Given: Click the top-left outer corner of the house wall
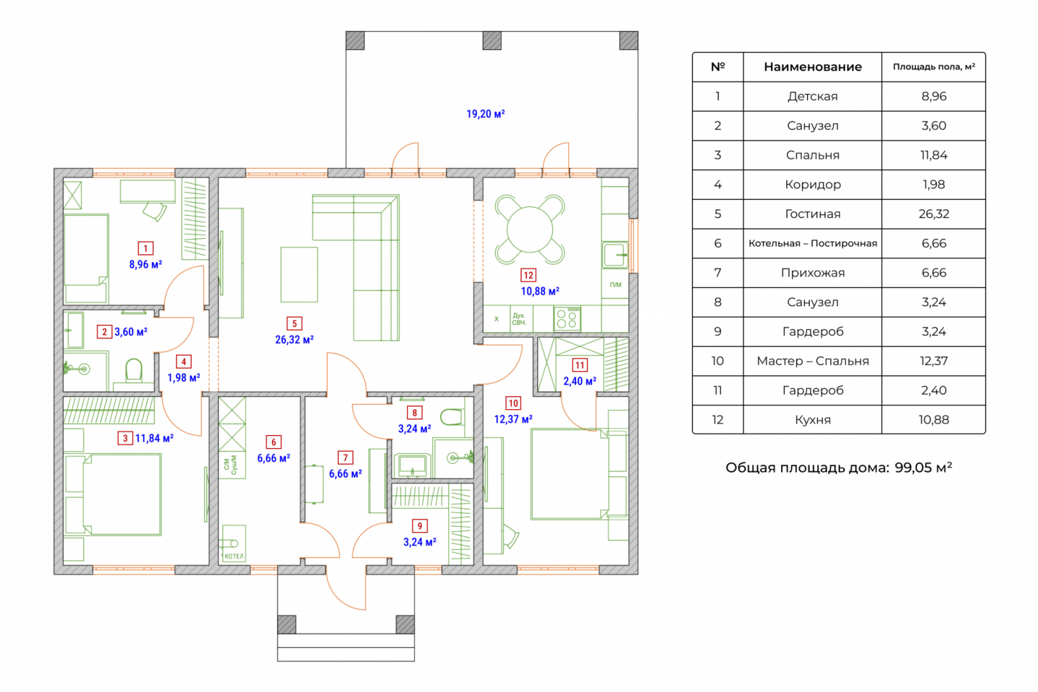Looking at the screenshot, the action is pos(54,169).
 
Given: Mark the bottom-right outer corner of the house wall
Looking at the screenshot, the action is pos(638,575).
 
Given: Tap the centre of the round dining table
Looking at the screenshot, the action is pos(529,229).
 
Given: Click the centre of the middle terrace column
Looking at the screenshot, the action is pos(492,40).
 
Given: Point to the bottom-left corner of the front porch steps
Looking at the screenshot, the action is pos(278,661).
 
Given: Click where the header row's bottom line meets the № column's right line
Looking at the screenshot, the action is pos(744,82).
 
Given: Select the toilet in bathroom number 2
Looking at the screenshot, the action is pos(134,370).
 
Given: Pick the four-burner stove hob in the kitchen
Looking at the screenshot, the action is pos(567,318).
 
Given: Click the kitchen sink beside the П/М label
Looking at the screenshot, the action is pos(615,254).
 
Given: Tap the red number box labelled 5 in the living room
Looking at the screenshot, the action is pos(294,324).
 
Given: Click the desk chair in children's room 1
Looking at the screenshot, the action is pos(155,211).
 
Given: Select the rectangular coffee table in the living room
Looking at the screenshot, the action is pos(300,274).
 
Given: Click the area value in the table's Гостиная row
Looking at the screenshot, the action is pos(934,214).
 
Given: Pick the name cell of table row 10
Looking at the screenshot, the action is pos(813,361).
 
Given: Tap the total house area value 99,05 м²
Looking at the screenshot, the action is pos(923,467).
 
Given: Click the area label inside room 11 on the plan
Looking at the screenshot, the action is pos(580,381).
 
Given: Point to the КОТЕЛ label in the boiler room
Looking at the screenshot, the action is pos(234,556).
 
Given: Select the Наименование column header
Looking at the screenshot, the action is pos(813,67).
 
